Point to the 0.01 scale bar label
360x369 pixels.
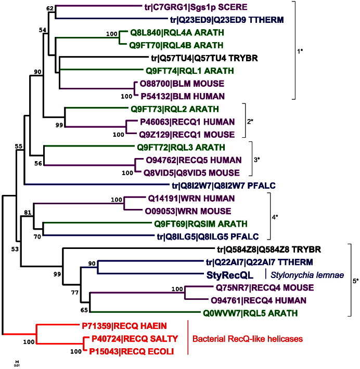pos(17,364)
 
